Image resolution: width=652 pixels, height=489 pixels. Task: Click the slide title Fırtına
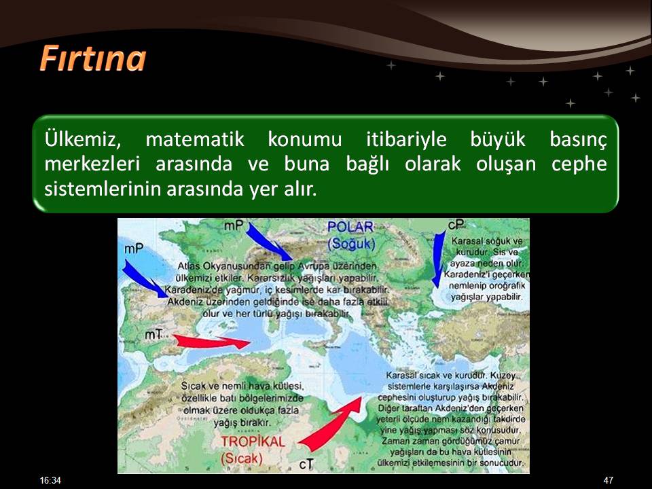pos(92,58)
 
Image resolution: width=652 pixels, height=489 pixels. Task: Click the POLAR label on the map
pos(350,227)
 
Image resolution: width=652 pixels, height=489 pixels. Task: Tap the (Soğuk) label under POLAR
pos(350,242)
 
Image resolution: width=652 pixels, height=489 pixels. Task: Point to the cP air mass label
pos(456,224)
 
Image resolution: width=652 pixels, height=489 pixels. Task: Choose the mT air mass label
pos(153,336)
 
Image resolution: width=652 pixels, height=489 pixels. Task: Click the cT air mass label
pos(306,463)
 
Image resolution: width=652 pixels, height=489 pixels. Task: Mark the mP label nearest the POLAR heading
pos(234,224)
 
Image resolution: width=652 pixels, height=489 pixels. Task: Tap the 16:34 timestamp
pos(50,480)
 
